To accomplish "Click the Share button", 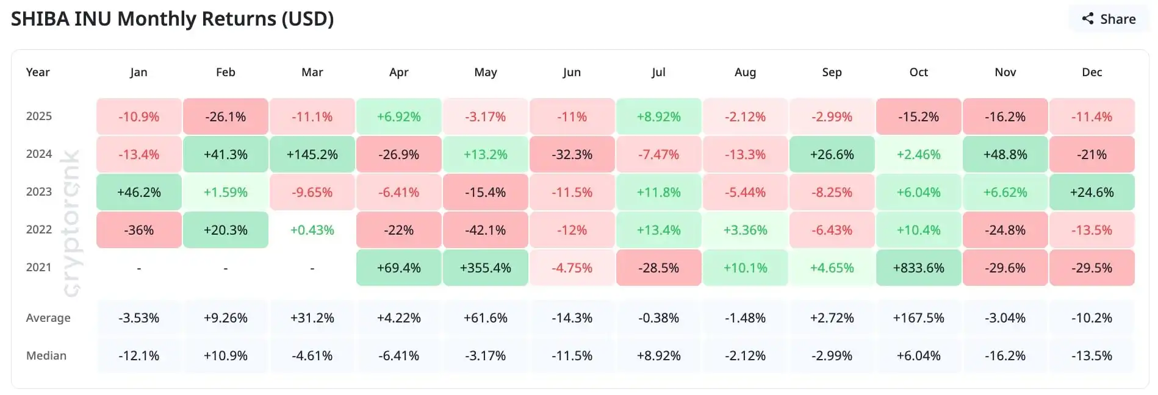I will coord(1109,19).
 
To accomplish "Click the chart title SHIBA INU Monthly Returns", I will coord(172,19).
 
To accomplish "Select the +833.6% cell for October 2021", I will coord(918,268).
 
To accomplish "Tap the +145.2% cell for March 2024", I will coord(312,154).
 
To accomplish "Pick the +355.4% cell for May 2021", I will coord(485,268).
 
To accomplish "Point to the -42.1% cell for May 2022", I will coord(485,230).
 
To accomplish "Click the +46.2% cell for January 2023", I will coord(138,192).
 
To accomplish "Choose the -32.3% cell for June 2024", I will coord(572,154).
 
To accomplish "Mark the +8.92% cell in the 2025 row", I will coord(658,116).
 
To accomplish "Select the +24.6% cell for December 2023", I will coord(1091,192).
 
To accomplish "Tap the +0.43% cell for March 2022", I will coord(312,230).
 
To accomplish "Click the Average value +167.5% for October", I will coord(918,318).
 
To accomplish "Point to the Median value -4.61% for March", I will coord(312,355).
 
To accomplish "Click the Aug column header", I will coord(745,72).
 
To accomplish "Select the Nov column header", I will coord(1005,72).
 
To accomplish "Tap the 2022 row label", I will coord(39,229).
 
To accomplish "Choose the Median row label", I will coord(46,355).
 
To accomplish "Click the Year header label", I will coord(38,72).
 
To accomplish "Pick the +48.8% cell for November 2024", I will coord(1005,154).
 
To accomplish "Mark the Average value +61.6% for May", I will coord(485,318).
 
